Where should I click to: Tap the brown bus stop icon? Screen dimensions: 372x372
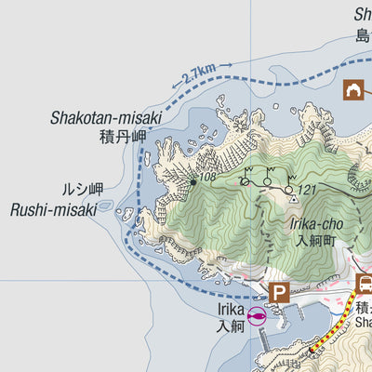pos(365,285)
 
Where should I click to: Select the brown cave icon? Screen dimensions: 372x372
pos(353,90)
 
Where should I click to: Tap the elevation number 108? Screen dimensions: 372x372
pos(207,177)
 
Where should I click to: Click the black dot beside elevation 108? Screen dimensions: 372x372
pos(193,182)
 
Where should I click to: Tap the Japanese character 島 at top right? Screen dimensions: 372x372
pos(363,35)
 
